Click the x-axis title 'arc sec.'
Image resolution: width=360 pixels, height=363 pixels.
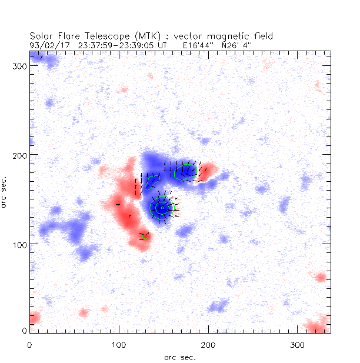point(179,357)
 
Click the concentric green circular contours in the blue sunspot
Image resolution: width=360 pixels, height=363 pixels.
point(161,208)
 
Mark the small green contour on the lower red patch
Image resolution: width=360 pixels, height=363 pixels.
point(144,236)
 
